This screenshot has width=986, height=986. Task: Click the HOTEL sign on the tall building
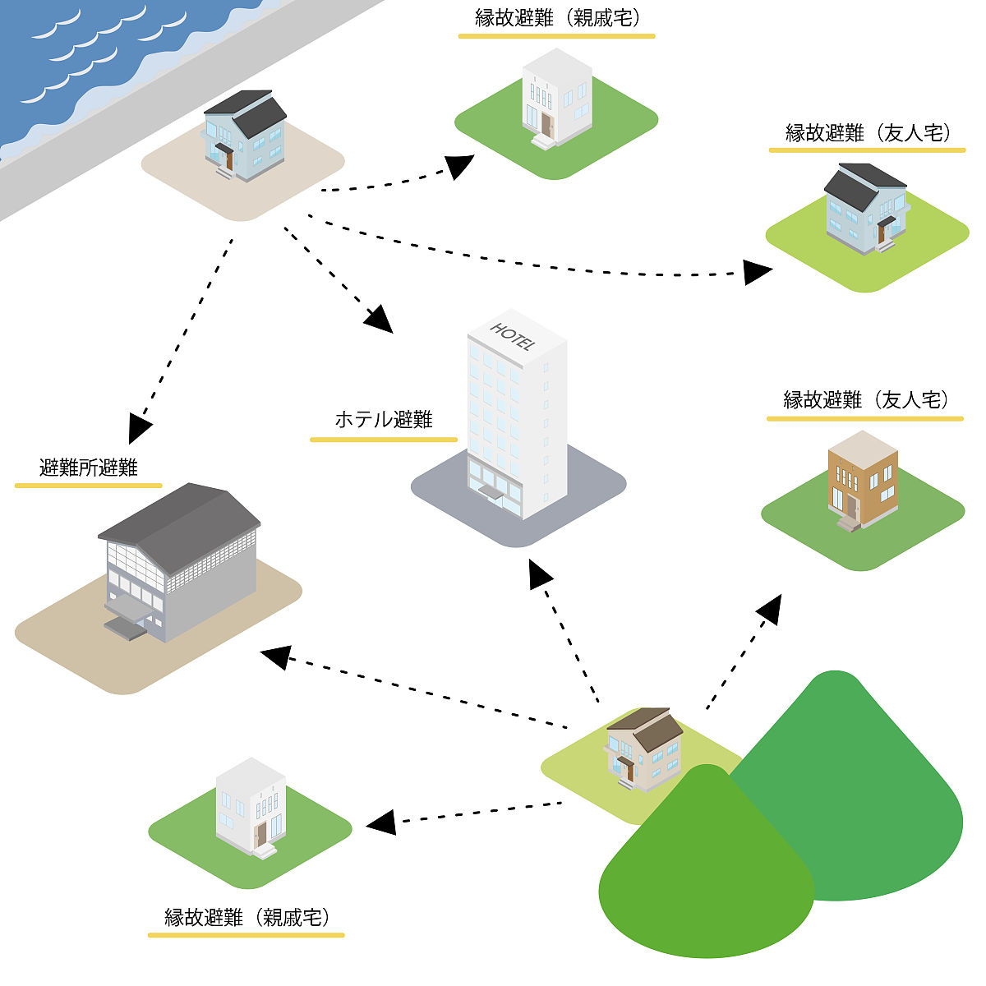514,336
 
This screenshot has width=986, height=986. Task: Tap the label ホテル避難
384,420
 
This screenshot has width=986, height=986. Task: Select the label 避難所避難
89,468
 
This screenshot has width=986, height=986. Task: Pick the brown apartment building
862,481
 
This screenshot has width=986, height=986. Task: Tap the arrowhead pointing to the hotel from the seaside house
380,320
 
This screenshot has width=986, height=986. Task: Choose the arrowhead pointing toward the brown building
770,609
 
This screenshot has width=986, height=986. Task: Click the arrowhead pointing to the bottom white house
381,822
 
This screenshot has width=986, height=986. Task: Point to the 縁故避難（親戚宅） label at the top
557,19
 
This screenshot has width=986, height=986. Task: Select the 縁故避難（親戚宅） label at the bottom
246,917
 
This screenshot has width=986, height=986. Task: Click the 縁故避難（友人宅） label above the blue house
868,133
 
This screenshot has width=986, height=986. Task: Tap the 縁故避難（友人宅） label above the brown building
865,400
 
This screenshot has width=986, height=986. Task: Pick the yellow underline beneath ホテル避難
384,440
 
